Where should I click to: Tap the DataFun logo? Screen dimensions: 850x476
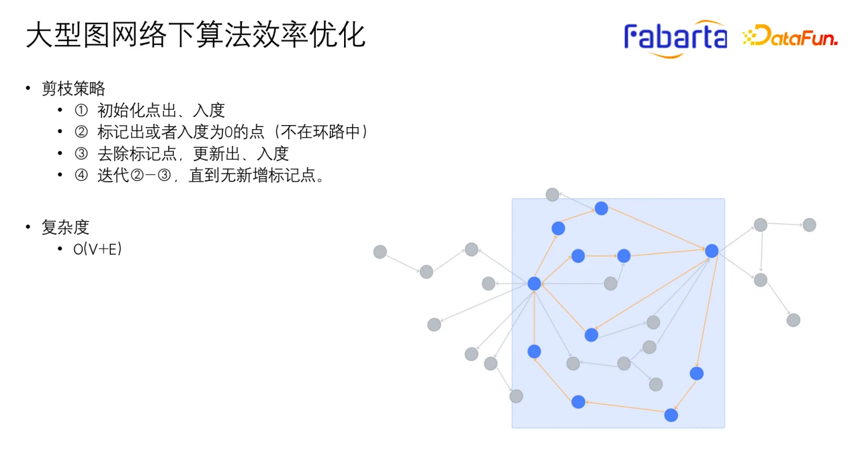(x=790, y=36)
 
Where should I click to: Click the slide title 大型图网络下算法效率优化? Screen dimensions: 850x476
(x=196, y=35)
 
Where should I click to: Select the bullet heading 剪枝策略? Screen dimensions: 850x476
(x=73, y=89)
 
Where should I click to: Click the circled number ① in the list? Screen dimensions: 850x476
(x=81, y=110)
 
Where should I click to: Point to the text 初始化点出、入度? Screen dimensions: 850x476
(x=161, y=110)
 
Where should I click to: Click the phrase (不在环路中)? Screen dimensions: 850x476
(x=321, y=132)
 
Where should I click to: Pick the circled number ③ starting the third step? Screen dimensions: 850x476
(x=81, y=154)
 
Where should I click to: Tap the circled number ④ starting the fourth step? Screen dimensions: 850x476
(x=81, y=175)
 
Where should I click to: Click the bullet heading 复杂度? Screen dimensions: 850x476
(x=65, y=227)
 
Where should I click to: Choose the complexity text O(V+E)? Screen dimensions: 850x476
(x=97, y=249)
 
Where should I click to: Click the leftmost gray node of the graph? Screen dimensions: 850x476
(x=380, y=251)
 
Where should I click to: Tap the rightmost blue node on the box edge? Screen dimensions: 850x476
(x=712, y=251)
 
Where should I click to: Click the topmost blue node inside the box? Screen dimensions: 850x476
(x=601, y=208)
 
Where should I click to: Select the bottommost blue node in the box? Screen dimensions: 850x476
(x=671, y=415)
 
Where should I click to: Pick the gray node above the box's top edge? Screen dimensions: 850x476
(x=552, y=195)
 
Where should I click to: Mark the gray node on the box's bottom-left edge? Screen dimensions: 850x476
(x=516, y=396)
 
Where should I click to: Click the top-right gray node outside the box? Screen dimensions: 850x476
(x=810, y=225)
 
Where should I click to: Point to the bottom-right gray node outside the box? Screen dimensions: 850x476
(x=794, y=320)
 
